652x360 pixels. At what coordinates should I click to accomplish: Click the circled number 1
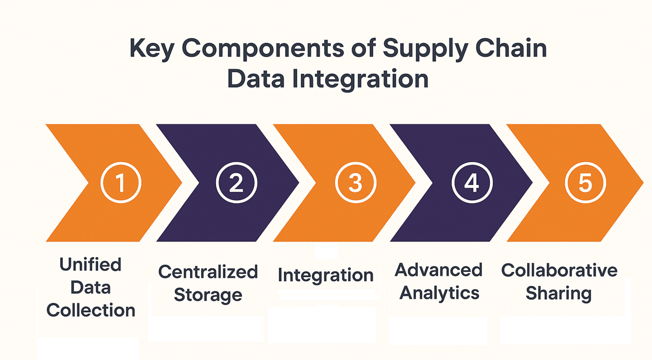[x=121, y=183]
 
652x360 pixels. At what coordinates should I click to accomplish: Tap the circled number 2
[x=236, y=183]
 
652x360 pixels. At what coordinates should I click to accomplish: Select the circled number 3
[x=355, y=183]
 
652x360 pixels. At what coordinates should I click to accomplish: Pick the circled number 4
[x=471, y=183]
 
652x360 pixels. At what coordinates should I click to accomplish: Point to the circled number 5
[x=585, y=183]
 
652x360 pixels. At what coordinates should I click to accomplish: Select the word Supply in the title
[x=416, y=50]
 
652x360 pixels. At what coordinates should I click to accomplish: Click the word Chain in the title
[x=510, y=50]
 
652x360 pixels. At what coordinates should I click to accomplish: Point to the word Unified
[x=90, y=265]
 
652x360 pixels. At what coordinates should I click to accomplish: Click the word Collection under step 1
[x=91, y=310]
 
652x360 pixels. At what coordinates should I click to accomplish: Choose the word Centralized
[x=208, y=272]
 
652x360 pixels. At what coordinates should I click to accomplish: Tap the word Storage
[x=208, y=294]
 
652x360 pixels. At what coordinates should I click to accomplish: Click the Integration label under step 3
[x=326, y=275]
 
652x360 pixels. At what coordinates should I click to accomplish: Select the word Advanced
[x=439, y=270]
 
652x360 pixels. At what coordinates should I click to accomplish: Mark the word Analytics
[x=440, y=293]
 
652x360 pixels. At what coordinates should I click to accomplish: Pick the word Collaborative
[x=559, y=270]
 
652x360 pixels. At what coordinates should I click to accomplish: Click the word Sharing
[x=558, y=293]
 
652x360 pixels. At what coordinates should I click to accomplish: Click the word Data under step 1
[x=90, y=287]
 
